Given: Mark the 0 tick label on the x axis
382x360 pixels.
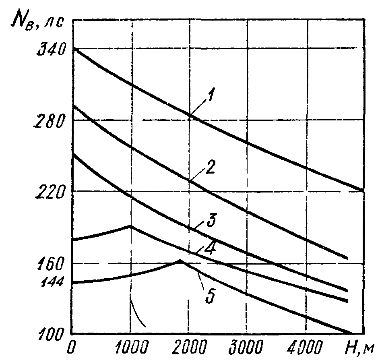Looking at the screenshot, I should [72, 347].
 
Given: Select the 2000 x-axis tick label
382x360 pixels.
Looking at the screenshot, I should [188, 347].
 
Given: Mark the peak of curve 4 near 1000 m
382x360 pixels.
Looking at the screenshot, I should [130, 226].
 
